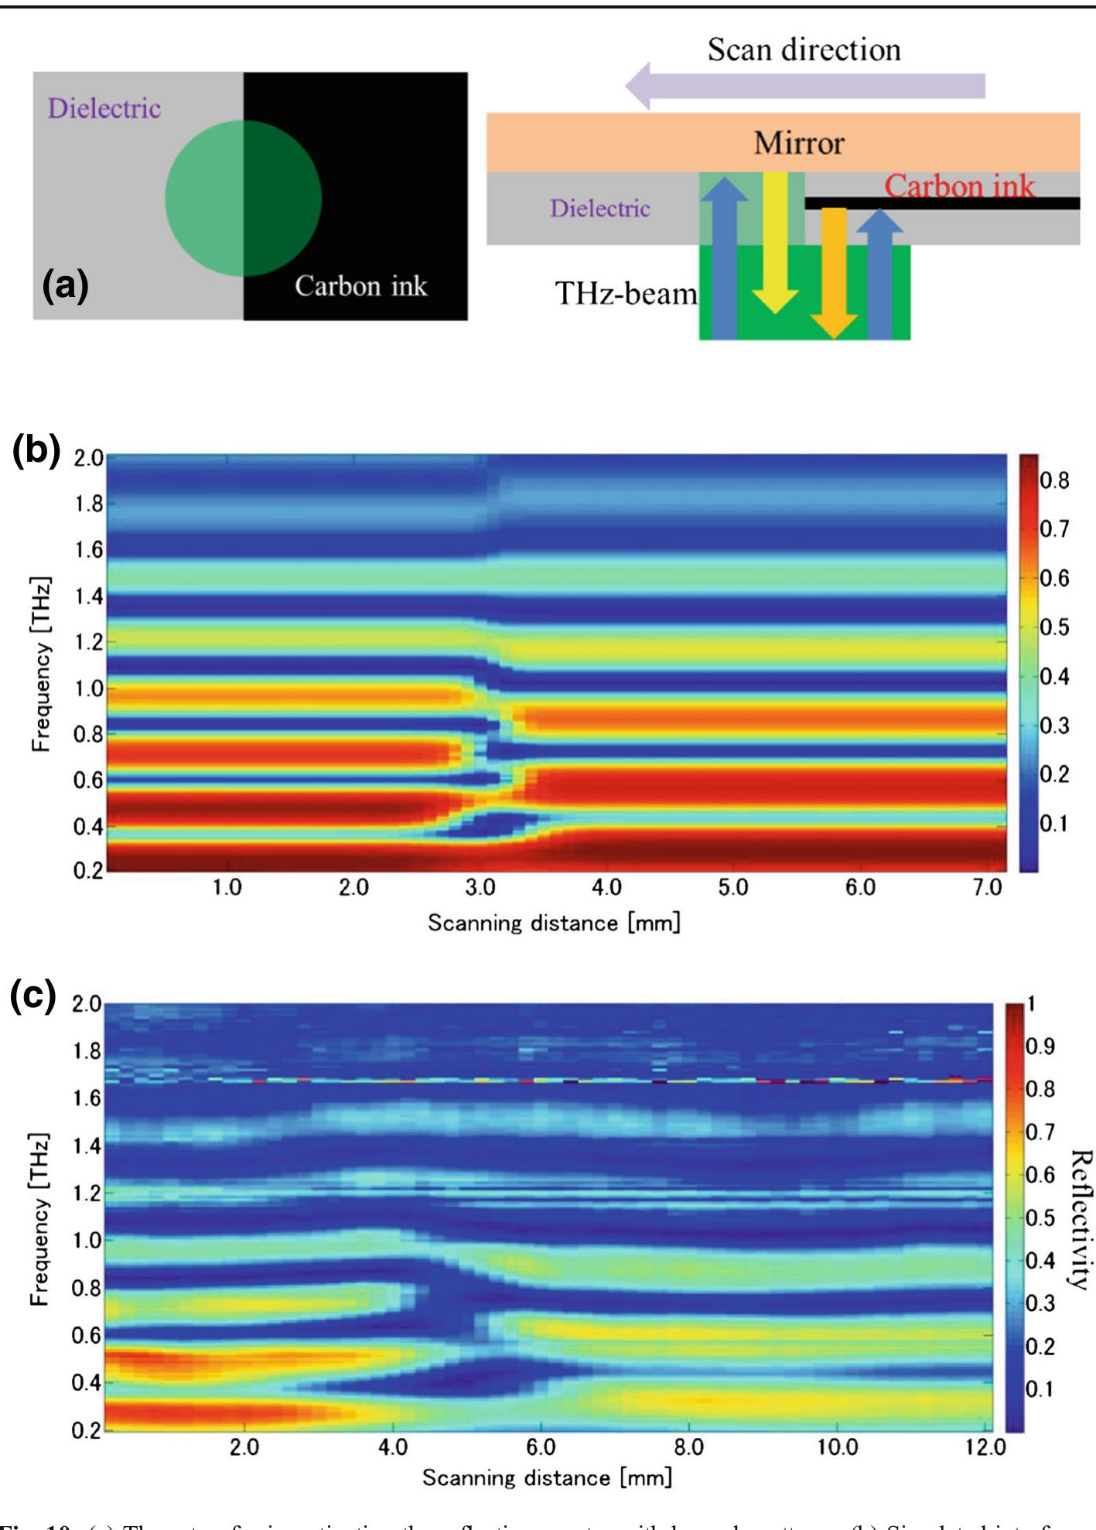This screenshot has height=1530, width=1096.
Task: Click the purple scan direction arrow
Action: tap(804, 86)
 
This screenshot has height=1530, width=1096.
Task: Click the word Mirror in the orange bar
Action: tap(798, 143)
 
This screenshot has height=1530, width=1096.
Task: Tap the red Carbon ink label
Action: tap(959, 186)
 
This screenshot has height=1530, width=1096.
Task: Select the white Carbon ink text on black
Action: tap(360, 286)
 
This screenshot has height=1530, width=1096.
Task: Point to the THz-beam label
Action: tap(626, 294)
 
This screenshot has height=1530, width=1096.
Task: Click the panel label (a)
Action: tap(65, 285)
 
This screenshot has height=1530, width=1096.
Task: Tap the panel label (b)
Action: tap(36, 449)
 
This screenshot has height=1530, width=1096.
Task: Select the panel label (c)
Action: tap(33, 996)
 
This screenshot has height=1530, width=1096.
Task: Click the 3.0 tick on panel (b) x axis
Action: tap(480, 888)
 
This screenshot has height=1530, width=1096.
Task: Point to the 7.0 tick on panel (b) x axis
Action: tap(987, 888)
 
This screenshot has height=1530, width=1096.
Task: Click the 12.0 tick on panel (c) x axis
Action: tap(985, 1446)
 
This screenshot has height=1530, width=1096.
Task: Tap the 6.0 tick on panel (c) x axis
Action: tap(541, 1446)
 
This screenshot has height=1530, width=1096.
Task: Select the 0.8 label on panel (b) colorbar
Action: tap(1054, 480)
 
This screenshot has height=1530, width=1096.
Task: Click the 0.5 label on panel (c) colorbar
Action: tap(1040, 1218)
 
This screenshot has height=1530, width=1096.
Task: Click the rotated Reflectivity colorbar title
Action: tap(1081, 1219)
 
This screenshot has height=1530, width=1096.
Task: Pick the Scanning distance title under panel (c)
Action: tap(547, 1478)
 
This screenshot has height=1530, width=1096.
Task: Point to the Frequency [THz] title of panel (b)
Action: tap(40, 664)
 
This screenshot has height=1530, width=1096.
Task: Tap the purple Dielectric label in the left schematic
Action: tap(104, 108)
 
